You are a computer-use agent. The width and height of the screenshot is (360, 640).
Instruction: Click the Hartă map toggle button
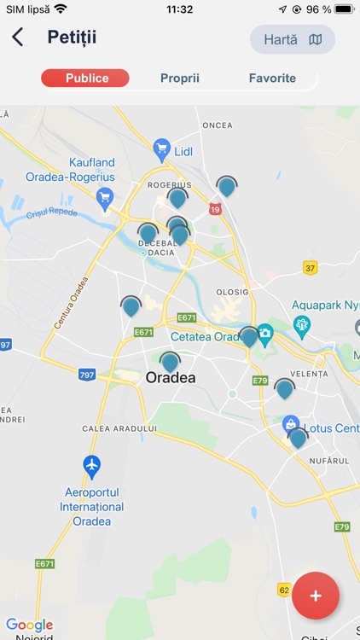(x=293, y=39)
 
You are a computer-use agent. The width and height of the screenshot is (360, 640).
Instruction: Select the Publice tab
(x=86, y=79)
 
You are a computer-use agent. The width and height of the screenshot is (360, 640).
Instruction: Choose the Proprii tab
(x=180, y=79)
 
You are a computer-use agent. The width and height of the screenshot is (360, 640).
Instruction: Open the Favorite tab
(x=272, y=79)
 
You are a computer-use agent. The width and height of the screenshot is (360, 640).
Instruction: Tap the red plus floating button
(x=316, y=596)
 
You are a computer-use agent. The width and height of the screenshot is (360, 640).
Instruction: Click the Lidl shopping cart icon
(x=161, y=151)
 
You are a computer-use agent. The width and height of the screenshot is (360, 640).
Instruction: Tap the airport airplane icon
(x=92, y=466)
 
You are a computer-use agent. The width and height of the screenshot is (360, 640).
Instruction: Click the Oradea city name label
(x=171, y=378)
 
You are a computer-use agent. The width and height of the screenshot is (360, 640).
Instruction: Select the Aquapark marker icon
(x=301, y=325)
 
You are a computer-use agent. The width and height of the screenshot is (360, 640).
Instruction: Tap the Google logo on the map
(x=30, y=625)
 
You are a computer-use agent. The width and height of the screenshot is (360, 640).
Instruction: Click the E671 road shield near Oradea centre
(x=143, y=332)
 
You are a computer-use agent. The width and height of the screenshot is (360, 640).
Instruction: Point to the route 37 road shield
(x=310, y=268)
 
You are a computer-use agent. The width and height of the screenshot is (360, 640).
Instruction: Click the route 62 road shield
(x=284, y=590)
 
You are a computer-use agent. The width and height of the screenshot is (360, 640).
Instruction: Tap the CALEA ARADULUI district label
(x=120, y=428)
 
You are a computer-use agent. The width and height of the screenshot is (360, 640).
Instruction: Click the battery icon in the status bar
(x=344, y=9)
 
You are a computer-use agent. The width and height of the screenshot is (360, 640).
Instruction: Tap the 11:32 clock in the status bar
(x=179, y=9)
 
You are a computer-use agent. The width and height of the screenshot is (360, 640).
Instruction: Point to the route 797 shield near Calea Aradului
(x=87, y=374)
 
